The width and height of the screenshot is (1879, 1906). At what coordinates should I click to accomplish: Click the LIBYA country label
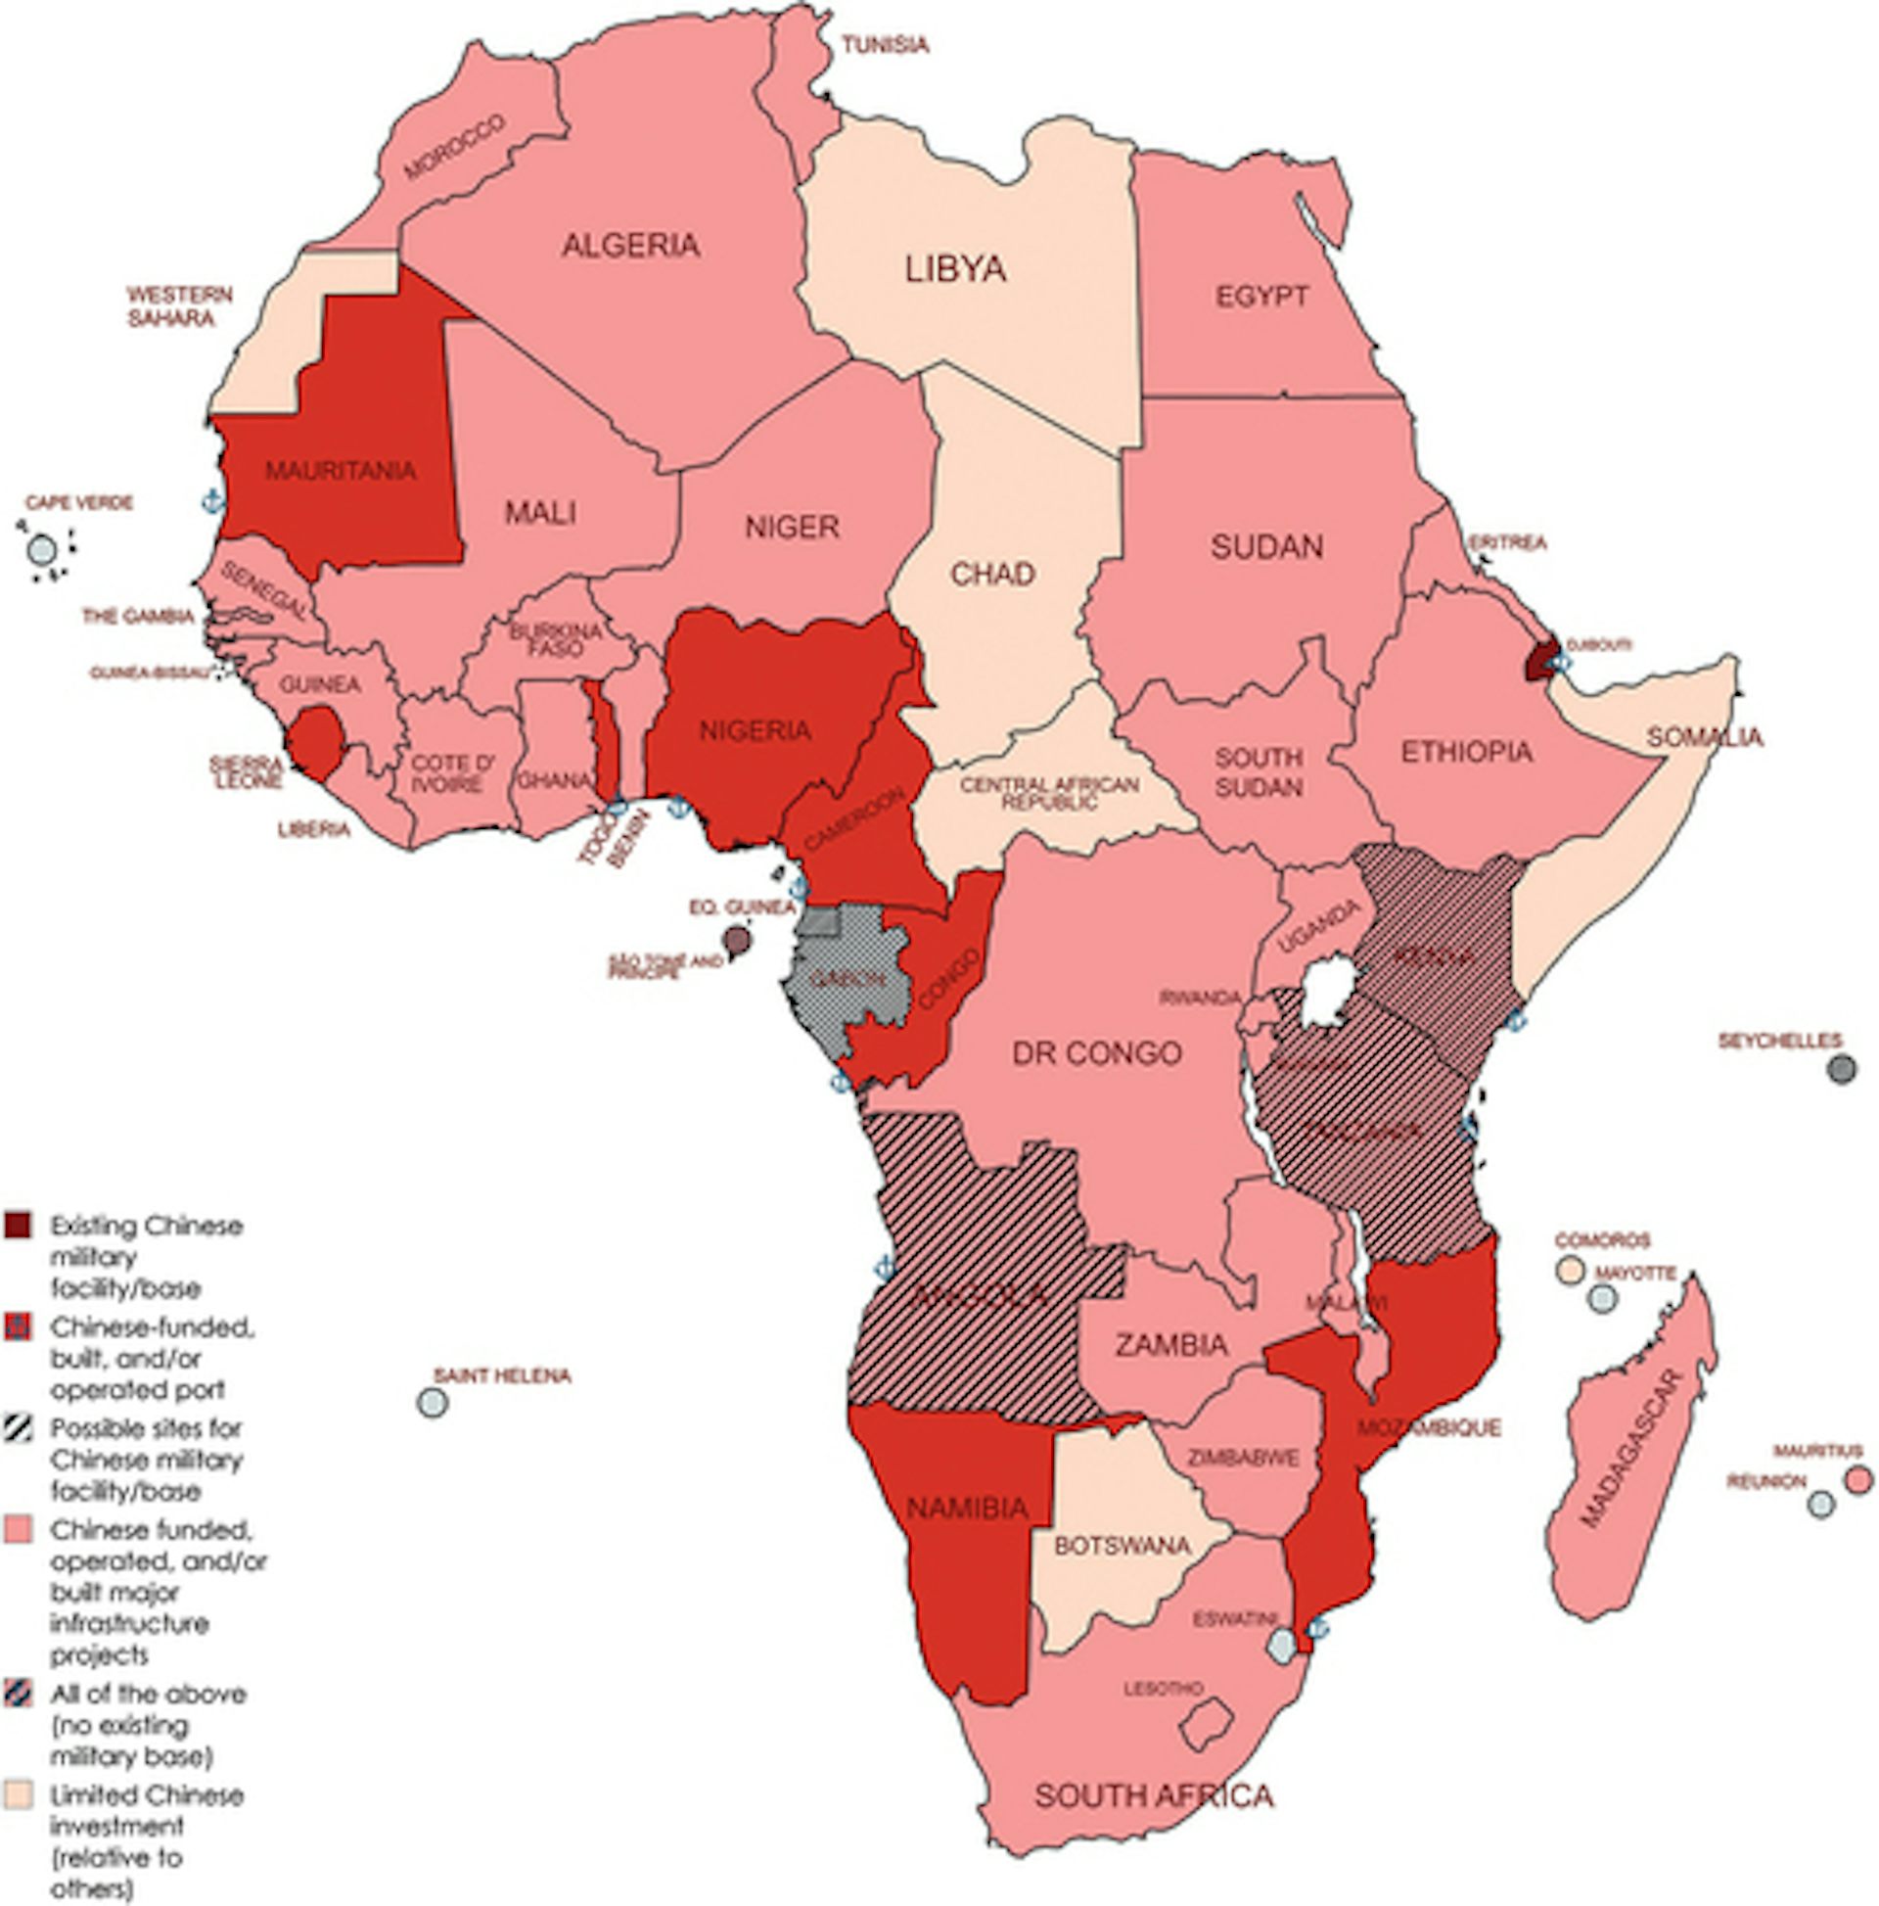coord(955,269)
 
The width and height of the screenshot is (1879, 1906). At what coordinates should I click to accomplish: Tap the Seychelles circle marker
coord(1842,1068)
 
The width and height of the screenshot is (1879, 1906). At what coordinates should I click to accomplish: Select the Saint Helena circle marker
coord(432,1403)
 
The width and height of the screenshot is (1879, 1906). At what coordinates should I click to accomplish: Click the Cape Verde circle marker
coord(41,549)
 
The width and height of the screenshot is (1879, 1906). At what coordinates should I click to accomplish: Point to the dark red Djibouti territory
coord(1539,660)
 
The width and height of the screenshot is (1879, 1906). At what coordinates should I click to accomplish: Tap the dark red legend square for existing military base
coord(17,1227)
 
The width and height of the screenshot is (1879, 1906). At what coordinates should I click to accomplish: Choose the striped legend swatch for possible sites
coord(17,1428)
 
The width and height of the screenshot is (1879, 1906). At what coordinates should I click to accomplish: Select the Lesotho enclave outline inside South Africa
coord(1208,1724)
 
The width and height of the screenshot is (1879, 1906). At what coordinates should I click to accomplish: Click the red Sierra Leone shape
coord(318,741)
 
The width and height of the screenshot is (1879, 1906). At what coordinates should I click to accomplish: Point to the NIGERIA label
coord(755,731)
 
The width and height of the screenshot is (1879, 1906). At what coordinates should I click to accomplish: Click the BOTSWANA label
coord(1122,1546)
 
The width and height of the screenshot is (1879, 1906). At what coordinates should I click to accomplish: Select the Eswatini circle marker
coord(1281,1645)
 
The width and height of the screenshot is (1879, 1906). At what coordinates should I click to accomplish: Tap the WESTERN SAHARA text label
coord(178,306)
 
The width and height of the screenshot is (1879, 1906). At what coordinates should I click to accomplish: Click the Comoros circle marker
coord(1570,1271)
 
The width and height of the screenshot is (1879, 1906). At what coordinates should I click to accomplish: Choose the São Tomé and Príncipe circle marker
coord(736,939)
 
